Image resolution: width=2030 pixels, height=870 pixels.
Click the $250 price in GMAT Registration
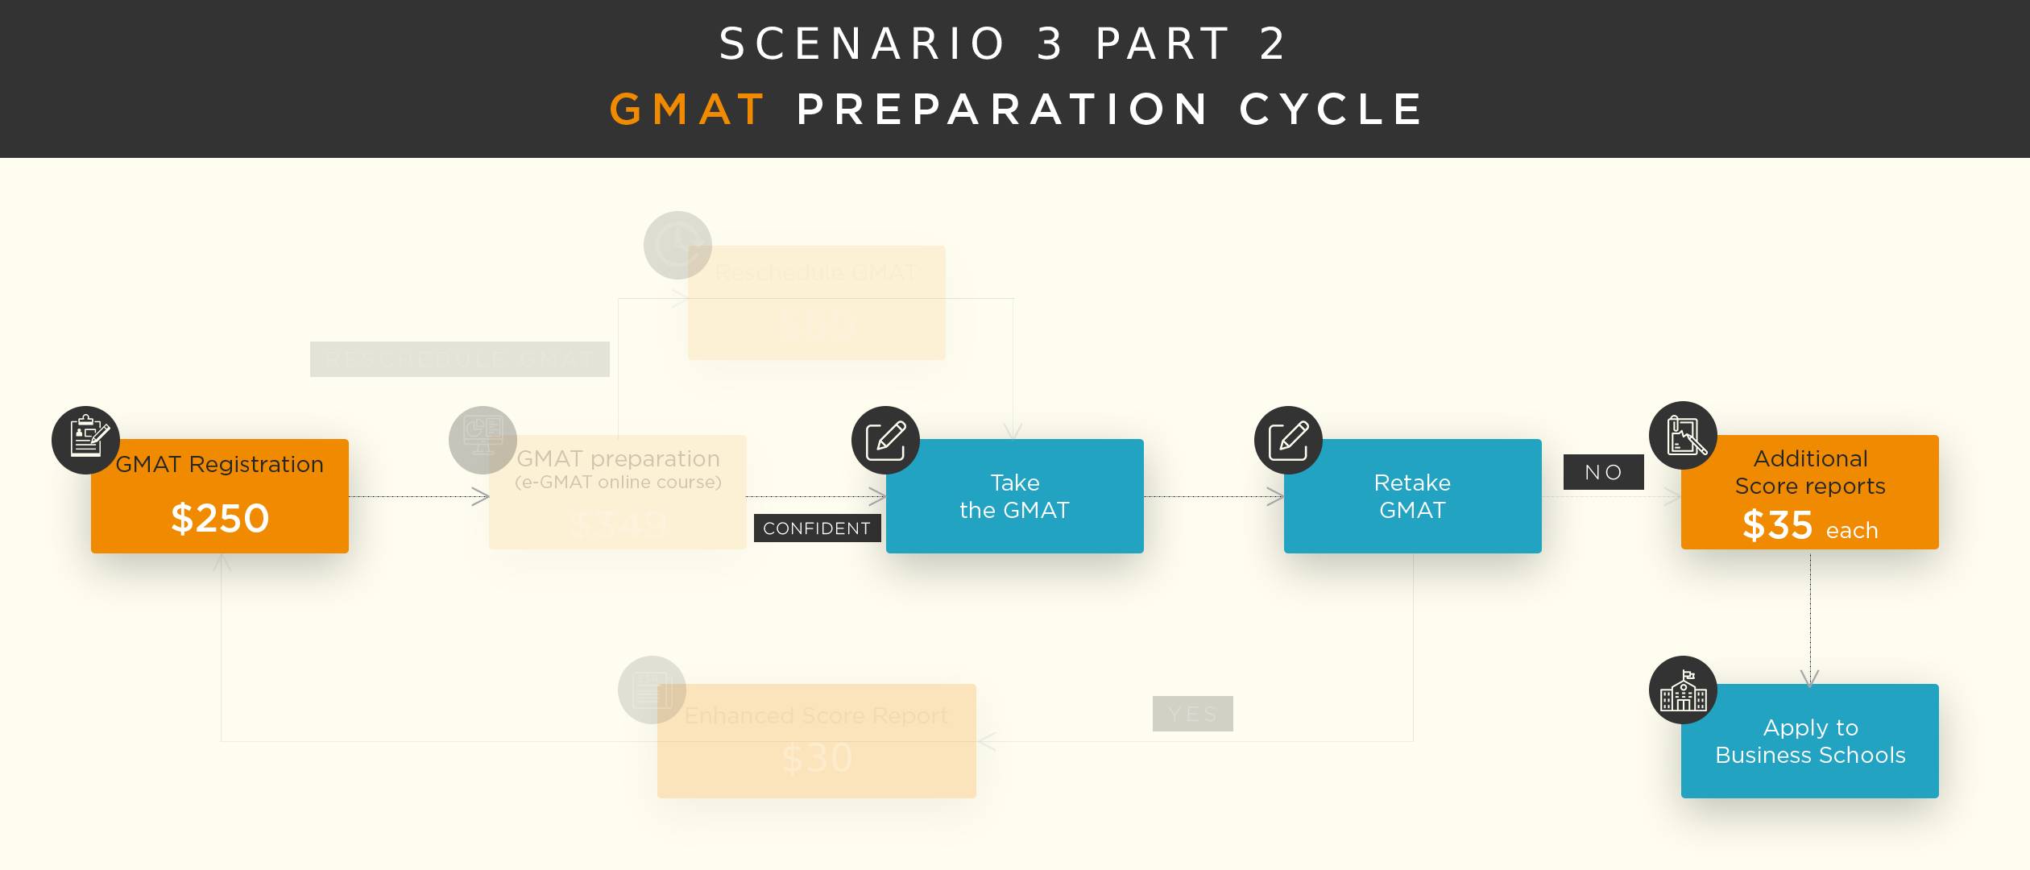220,518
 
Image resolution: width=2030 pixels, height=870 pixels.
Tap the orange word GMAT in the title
687,110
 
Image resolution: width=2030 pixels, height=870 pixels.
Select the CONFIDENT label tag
817,528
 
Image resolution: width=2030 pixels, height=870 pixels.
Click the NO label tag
1603,472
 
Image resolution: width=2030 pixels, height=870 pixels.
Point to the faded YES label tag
1192,714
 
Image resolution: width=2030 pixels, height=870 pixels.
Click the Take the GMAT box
1014,496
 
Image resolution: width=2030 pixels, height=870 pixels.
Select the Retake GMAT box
1412,496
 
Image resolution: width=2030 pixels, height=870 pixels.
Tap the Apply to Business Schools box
1809,741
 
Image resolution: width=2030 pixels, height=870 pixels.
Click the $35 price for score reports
1777,525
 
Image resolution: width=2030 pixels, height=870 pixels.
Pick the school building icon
1683,690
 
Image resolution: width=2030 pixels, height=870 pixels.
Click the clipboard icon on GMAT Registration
86,440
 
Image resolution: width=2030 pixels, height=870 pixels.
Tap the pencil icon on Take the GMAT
885,440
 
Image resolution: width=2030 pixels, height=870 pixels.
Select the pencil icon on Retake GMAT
1288,440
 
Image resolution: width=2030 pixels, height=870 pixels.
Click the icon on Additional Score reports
1684,436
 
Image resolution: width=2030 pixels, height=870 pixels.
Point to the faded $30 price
817,758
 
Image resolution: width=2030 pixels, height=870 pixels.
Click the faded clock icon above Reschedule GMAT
677,245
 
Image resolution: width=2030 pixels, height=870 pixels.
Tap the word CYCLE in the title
1332,110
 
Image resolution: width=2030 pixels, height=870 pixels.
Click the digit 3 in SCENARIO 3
1050,43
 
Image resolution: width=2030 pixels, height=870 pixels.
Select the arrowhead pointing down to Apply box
1809,678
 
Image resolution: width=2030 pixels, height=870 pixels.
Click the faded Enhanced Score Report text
816,715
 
